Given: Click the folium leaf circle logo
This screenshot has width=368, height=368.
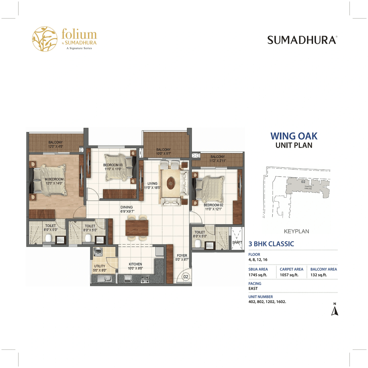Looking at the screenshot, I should [x=45, y=39].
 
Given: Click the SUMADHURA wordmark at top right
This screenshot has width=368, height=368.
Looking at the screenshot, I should [x=302, y=40].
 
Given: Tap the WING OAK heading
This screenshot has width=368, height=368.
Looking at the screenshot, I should [x=294, y=136].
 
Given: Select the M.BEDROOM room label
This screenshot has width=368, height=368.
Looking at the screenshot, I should [x=54, y=179].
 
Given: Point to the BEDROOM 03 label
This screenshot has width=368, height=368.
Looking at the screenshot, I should [x=113, y=165].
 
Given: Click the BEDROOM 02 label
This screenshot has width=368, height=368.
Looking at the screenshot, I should [x=213, y=205].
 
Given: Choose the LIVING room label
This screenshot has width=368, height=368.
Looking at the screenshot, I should [x=152, y=183].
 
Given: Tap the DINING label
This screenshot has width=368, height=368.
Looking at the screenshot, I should [x=126, y=207].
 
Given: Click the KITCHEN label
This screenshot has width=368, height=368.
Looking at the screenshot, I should [x=135, y=264].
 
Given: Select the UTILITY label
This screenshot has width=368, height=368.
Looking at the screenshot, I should [x=99, y=266].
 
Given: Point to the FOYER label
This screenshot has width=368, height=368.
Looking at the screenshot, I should [x=182, y=256].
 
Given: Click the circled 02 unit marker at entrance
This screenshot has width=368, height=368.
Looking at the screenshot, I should [x=186, y=277].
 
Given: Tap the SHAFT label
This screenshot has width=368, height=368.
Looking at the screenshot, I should [x=237, y=242].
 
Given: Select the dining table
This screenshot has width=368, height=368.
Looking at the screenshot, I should [x=137, y=228].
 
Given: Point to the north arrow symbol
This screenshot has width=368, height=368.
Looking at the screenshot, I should [x=335, y=311].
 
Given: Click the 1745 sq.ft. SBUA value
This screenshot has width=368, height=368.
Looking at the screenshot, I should [x=258, y=275].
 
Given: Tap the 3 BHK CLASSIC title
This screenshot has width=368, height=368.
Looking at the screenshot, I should [x=271, y=244].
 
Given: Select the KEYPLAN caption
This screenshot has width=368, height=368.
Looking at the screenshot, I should [x=296, y=231].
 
